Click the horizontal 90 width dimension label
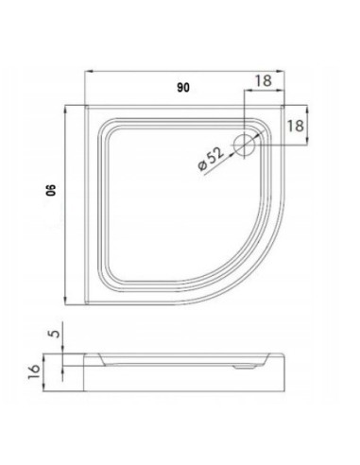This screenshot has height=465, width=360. (183, 88)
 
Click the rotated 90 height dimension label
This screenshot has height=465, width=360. (51, 190)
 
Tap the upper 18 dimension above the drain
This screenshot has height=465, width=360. (263, 80)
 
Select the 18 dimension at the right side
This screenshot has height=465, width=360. (296, 126)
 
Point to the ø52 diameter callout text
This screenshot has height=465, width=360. (211, 159)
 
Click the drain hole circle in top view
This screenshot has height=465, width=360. (244, 145)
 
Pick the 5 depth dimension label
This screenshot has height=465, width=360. (55, 334)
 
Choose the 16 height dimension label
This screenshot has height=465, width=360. (34, 371)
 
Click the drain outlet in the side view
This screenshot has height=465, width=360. (245, 367)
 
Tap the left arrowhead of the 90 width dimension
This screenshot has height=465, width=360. (88, 72)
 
